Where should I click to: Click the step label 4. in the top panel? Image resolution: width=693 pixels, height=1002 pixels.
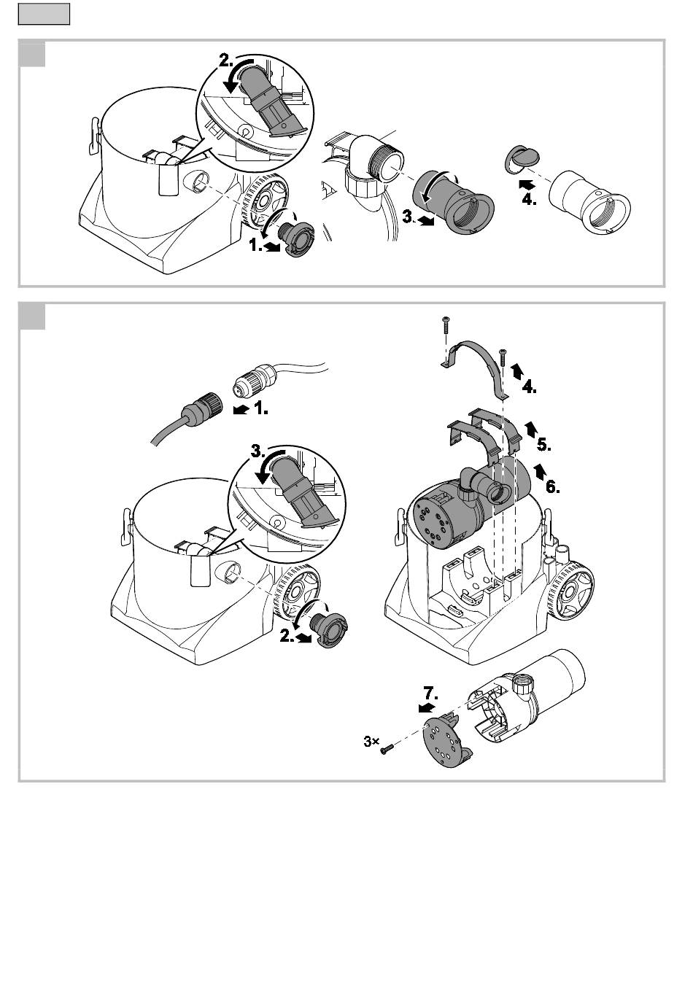click(530, 200)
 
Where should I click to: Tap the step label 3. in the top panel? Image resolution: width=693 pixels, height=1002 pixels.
click(409, 217)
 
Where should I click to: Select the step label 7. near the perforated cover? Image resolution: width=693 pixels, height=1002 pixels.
click(431, 694)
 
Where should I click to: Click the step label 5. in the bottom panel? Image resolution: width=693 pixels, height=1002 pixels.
click(544, 445)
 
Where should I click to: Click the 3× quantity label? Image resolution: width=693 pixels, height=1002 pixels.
click(371, 742)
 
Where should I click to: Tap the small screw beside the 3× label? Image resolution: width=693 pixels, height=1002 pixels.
click(387, 749)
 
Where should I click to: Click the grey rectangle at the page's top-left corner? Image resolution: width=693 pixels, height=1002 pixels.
click(44, 14)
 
